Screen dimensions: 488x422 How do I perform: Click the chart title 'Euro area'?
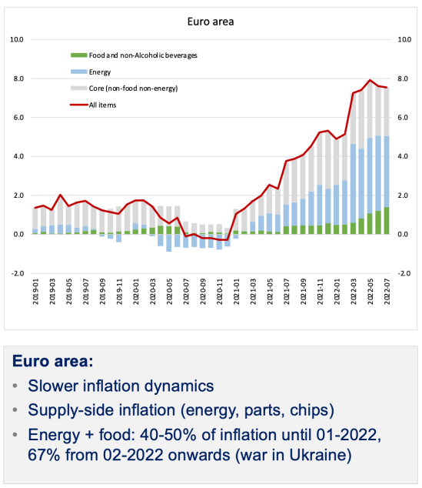(x=210, y=22)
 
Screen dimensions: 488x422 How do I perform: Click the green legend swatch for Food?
(x=78, y=55)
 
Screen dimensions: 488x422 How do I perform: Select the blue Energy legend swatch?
(x=78, y=72)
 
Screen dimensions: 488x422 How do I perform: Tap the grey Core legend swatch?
(x=78, y=89)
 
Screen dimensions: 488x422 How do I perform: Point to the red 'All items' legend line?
(x=78, y=104)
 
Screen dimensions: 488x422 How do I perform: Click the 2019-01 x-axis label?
(x=36, y=293)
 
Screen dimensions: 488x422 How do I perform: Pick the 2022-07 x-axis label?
(x=384, y=293)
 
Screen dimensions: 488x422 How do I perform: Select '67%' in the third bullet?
(x=45, y=455)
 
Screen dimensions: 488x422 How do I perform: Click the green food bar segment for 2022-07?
(x=385, y=221)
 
